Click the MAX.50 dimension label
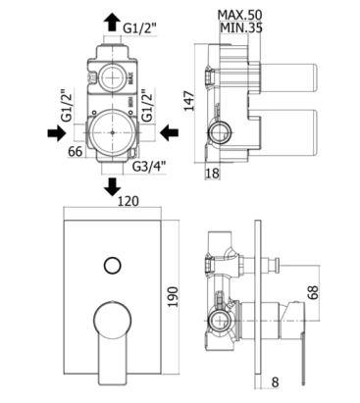pos(240,15)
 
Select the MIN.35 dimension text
pos(241,27)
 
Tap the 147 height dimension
pos(189,101)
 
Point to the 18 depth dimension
pos(212,173)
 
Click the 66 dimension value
pos(75,151)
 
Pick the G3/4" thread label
pos(149,167)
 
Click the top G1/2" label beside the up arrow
pos(140,28)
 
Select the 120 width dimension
pos(128,201)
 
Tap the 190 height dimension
pos(173,296)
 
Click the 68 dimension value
pos(313,292)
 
